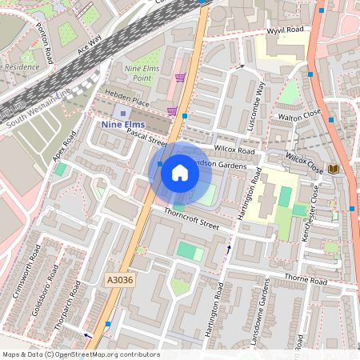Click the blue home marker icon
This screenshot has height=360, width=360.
point(180,172)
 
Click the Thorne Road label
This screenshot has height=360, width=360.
point(306,282)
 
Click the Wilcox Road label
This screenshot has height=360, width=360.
point(234,150)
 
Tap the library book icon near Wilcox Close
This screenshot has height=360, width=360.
point(333,169)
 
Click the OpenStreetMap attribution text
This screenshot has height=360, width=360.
point(80,354)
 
